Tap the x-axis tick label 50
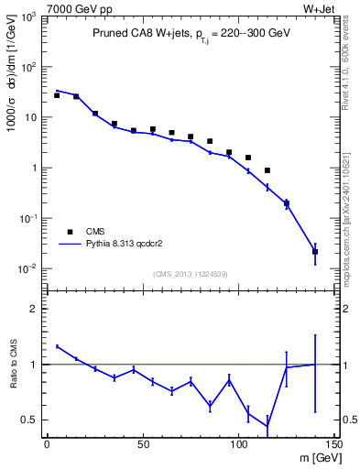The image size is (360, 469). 142,446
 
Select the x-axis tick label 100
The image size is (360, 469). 238,446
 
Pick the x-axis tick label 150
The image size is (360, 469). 333,446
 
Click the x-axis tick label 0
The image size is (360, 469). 47,446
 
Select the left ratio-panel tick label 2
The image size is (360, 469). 37,309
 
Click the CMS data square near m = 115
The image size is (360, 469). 267,170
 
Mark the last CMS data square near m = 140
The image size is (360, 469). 315,251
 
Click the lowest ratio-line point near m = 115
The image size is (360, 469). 267,426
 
